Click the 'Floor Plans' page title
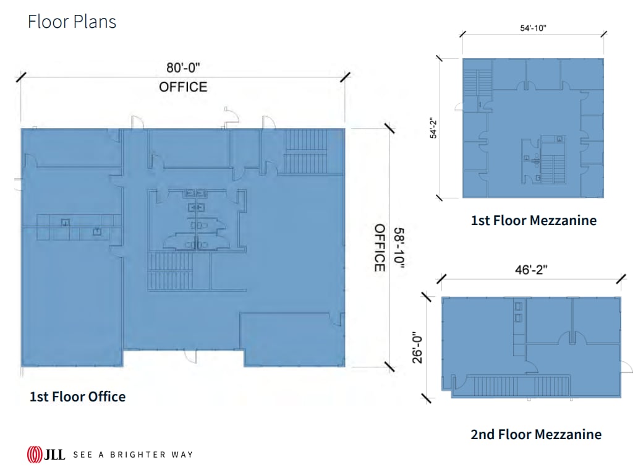72,22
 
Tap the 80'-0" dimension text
183,66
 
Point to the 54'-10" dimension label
533,28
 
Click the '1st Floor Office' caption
77,396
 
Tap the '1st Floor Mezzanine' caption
534,220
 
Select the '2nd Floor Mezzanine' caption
535,434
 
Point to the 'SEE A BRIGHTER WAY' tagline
133,455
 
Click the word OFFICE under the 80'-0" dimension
183,87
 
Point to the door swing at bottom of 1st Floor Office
192,357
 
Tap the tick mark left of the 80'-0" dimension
21,77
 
